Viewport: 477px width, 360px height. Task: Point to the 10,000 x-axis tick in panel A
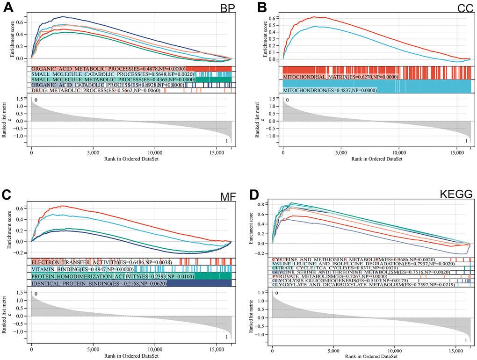pyautogui.click(x=155, y=152)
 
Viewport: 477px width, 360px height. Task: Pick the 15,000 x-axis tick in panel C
pyautogui.click(x=217, y=349)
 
